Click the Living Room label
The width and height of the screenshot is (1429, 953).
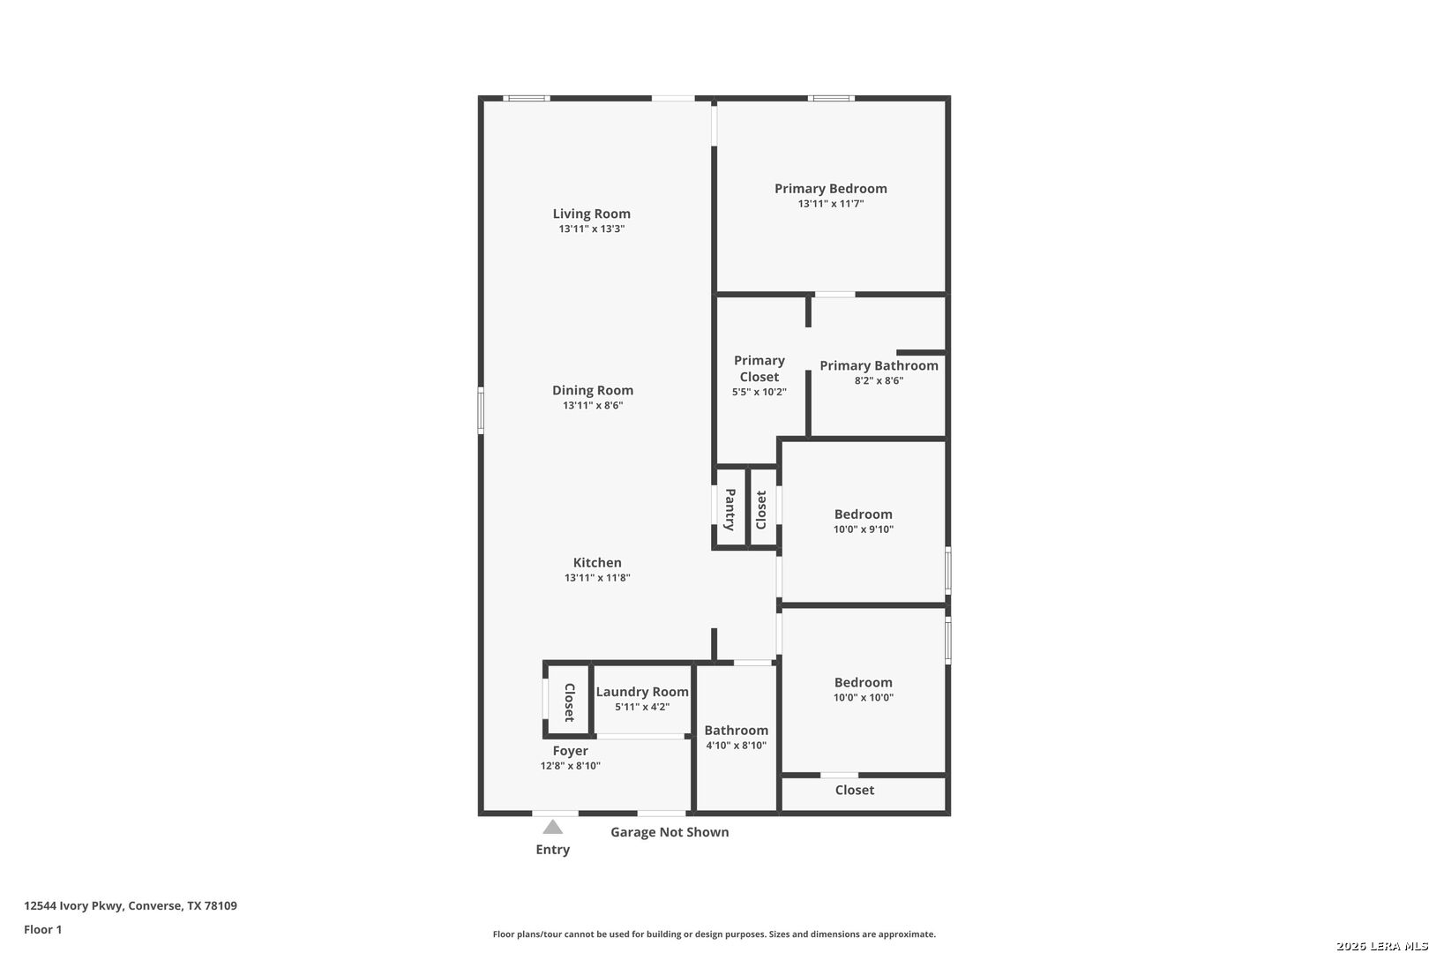(591, 214)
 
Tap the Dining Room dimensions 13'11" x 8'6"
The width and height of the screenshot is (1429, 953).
(593, 406)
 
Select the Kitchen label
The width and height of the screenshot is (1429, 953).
(597, 563)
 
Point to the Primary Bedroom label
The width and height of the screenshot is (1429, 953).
(830, 189)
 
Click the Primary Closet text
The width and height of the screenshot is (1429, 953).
(759, 369)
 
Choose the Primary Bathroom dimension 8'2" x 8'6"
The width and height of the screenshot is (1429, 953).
(879, 381)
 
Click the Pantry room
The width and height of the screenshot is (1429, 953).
(730, 509)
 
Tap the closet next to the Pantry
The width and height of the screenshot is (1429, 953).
(762, 509)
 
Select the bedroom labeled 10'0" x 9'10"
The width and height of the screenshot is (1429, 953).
(863, 522)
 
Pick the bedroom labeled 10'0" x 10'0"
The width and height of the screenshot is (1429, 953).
(863, 689)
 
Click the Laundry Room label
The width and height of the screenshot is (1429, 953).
(641, 692)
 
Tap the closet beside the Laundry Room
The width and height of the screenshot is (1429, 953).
(569, 702)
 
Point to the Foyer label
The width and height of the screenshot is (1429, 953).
(570, 751)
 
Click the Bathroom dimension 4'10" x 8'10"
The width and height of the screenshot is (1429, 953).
(736, 746)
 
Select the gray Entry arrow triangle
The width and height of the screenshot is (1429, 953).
(552, 828)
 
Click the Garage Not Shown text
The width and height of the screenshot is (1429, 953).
(670, 832)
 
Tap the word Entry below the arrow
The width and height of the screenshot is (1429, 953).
(552, 850)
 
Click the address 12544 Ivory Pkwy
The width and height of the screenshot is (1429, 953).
(74, 905)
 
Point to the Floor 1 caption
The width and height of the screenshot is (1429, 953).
(42, 929)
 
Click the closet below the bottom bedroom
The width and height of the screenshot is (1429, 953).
(854, 791)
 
